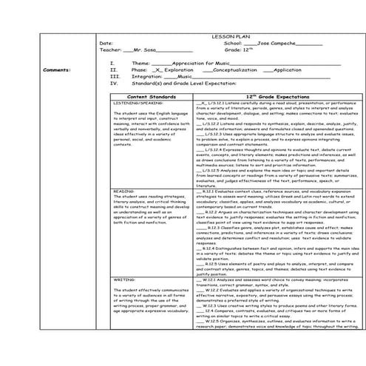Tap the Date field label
tap(106, 43)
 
